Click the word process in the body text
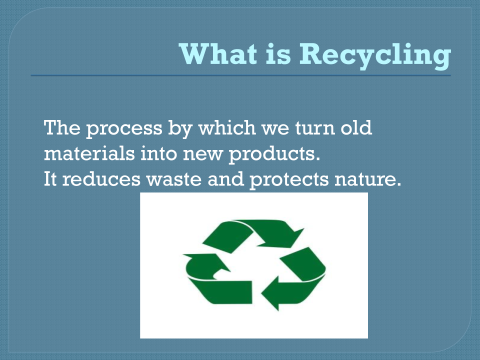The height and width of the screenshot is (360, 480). tap(124, 128)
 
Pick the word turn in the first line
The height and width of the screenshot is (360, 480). tap(314, 128)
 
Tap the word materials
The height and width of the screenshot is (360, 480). tap(89, 153)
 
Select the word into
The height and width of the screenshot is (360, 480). tap(158, 153)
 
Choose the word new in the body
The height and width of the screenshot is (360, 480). tap(202, 155)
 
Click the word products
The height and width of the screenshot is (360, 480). tap(274, 154)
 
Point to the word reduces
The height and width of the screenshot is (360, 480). tap(101, 179)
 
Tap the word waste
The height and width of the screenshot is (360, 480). tap(174, 180)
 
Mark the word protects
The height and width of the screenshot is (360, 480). tap(289, 180)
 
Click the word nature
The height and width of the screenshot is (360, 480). tap(367, 180)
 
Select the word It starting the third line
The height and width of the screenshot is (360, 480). tap(50, 179)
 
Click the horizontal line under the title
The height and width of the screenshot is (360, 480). tap(240, 75)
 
